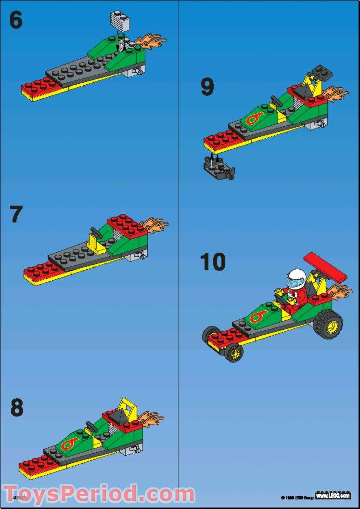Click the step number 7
[x=16, y=214]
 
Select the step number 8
[x=17, y=407]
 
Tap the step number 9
[x=207, y=87]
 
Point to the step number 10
[x=213, y=262]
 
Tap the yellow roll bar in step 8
[x=128, y=407]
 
